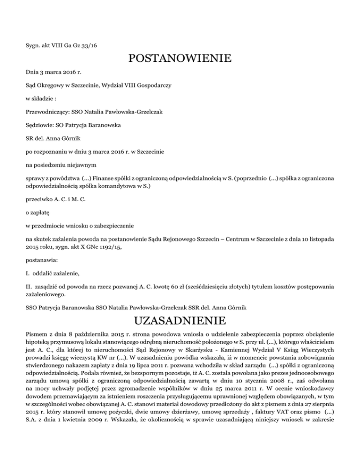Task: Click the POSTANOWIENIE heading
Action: pos(180,59)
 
